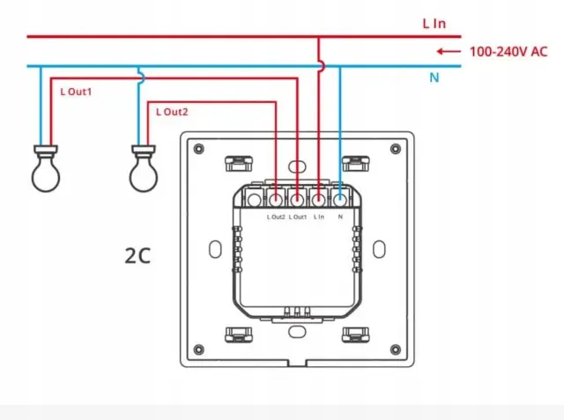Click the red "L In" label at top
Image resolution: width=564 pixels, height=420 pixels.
434,24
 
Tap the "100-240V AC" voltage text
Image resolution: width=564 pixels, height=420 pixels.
508,52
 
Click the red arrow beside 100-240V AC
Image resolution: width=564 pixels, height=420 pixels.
449,52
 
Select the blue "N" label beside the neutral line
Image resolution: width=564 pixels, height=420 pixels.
434,77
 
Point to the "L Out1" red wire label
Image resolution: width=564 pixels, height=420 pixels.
76,92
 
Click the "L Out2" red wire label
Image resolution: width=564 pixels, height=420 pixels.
172,112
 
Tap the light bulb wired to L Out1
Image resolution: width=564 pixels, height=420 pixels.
46,168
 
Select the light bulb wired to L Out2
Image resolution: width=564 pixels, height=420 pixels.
144,168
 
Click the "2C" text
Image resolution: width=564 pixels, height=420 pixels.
137,256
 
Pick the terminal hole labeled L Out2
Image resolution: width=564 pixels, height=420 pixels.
276,200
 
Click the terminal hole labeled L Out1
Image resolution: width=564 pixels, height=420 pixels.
297,200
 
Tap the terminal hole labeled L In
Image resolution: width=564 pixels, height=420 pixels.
319,200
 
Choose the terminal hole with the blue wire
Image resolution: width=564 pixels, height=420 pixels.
340,200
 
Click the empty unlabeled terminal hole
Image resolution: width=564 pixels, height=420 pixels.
255,200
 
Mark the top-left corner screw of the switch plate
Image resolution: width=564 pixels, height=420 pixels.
198,149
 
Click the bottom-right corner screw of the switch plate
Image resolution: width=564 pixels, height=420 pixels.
396,350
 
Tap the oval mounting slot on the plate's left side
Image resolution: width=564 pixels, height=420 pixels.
215,249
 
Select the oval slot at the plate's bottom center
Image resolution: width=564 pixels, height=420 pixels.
297,332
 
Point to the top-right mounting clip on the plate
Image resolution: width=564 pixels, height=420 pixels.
356,164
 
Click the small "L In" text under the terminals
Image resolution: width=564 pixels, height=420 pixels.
319,217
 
